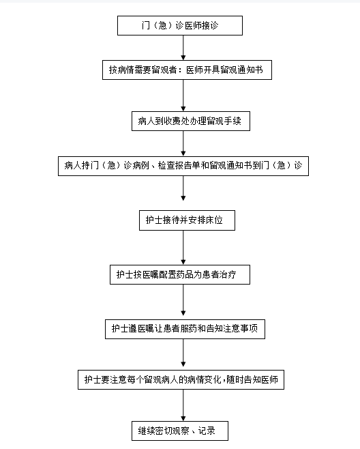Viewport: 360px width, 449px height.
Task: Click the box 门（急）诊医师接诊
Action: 180,26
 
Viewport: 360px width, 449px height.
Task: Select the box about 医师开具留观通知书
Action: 187,70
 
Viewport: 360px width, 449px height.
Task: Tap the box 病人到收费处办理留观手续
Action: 191,121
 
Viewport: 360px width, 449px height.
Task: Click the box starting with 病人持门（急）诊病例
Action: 183,166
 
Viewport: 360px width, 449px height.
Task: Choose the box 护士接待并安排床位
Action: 187,220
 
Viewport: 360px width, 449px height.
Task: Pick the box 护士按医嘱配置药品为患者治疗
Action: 180,274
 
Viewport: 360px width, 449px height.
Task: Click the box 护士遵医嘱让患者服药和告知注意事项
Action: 185,329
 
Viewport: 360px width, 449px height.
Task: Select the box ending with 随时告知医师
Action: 181,379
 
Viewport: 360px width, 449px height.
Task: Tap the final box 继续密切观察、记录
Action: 180,431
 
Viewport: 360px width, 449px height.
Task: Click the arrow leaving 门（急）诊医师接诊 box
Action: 183,48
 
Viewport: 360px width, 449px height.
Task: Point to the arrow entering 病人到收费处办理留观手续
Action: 183,96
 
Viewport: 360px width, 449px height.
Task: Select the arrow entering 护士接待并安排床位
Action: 183,188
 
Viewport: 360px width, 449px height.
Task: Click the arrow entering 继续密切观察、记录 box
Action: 183,405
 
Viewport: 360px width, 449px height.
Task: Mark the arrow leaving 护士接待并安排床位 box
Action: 183,248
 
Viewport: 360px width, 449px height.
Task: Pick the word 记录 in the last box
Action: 207,431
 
